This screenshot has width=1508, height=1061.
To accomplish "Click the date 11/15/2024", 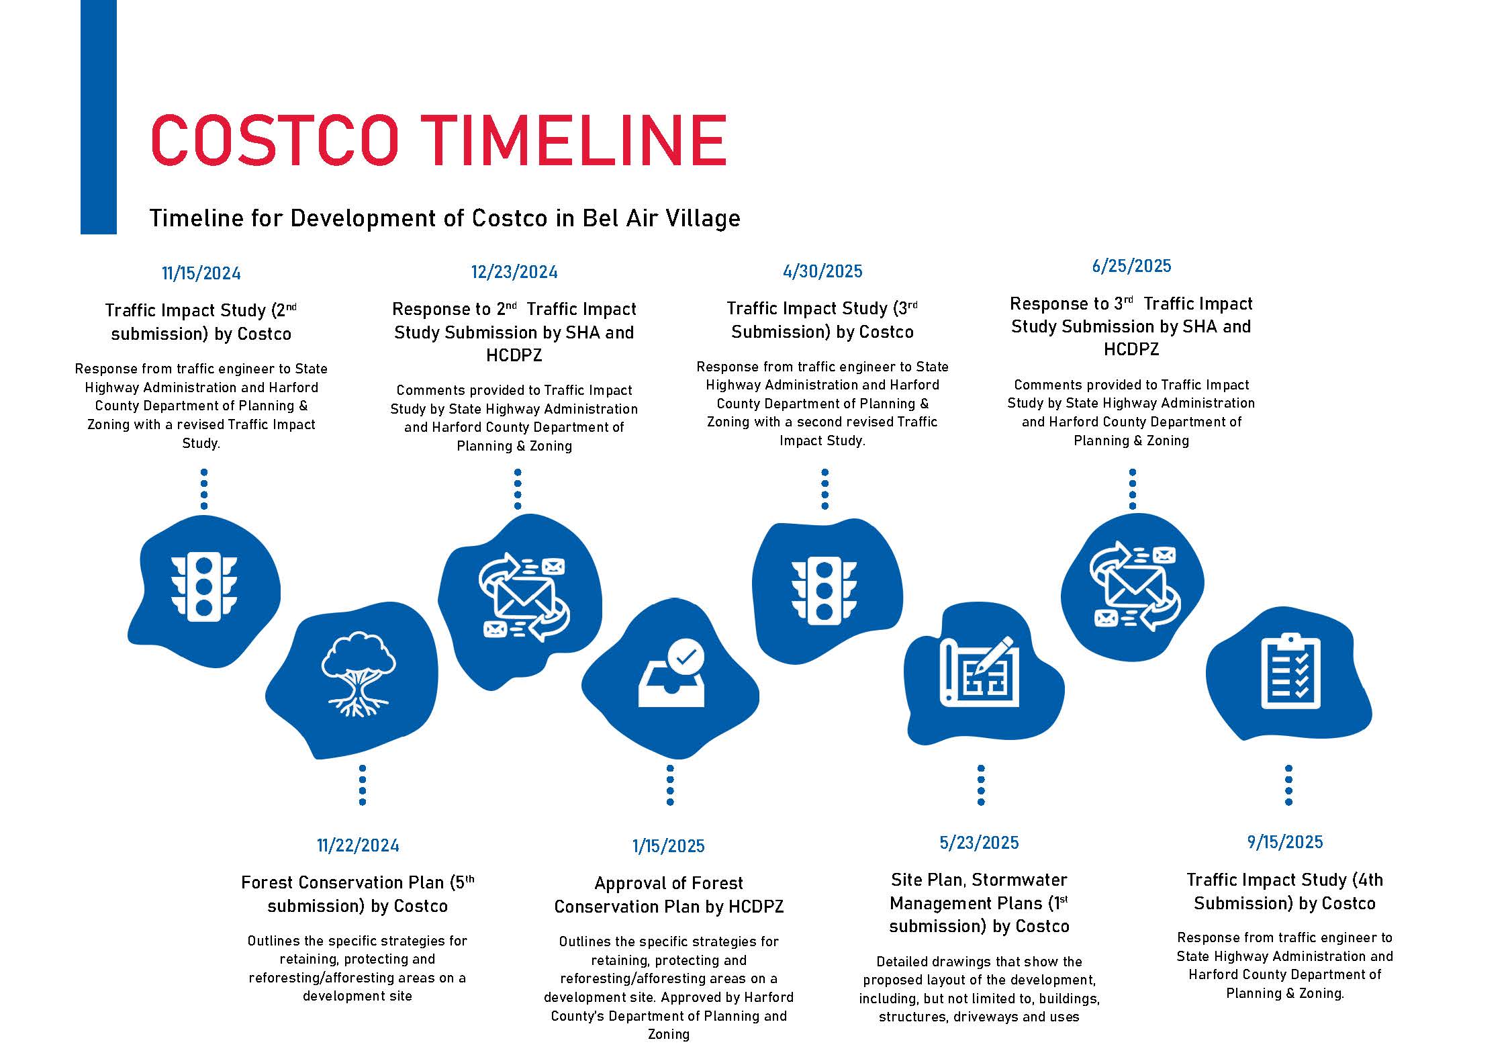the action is (x=201, y=273).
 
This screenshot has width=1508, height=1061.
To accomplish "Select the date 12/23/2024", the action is (x=514, y=272).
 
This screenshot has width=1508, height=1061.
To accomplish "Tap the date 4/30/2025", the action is (x=822, y=271).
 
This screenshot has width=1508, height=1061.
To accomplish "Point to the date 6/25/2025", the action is (x=1131, y=266).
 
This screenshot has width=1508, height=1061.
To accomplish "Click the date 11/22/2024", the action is (x=358, y=845).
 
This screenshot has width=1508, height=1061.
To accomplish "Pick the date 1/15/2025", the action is (x=669, y=846).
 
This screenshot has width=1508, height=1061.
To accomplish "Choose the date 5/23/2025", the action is (x=979, y=843).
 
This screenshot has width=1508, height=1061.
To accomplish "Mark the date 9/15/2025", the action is (x=1285, y=842).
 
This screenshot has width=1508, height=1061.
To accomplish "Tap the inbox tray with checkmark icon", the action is (x=671, y=674).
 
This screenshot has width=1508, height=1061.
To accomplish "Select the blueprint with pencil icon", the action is (x=979, y=672).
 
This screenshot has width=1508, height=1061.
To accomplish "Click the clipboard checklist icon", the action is (x=1290, y=671).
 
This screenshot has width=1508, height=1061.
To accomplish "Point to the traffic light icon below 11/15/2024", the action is (x=203, y=587).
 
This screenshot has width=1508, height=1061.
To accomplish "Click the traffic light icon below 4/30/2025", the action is (x=824, y=591).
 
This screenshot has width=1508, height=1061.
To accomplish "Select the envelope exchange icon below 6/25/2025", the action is (x=1132, y=586).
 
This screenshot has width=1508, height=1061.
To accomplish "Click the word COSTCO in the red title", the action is (x=275, y=140).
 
